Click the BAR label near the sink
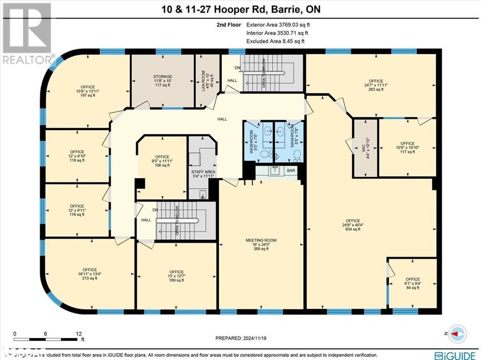click(x=291, y=170)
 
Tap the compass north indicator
click(x=458, y=333)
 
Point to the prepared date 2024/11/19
click(x=240, y=338)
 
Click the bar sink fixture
click(x=274, y=170)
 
